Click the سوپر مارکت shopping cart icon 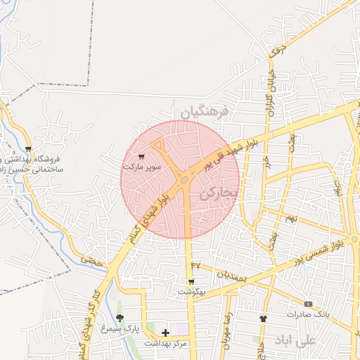pos(143,157)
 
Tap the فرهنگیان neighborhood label pos(205,112)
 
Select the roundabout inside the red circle pos(184,180)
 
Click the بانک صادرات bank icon pos(308,304)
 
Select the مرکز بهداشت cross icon pos(166,333)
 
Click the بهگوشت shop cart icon pos(191,282)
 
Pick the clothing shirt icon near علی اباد pos(263,319)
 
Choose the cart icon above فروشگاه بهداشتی pos(27,149)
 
